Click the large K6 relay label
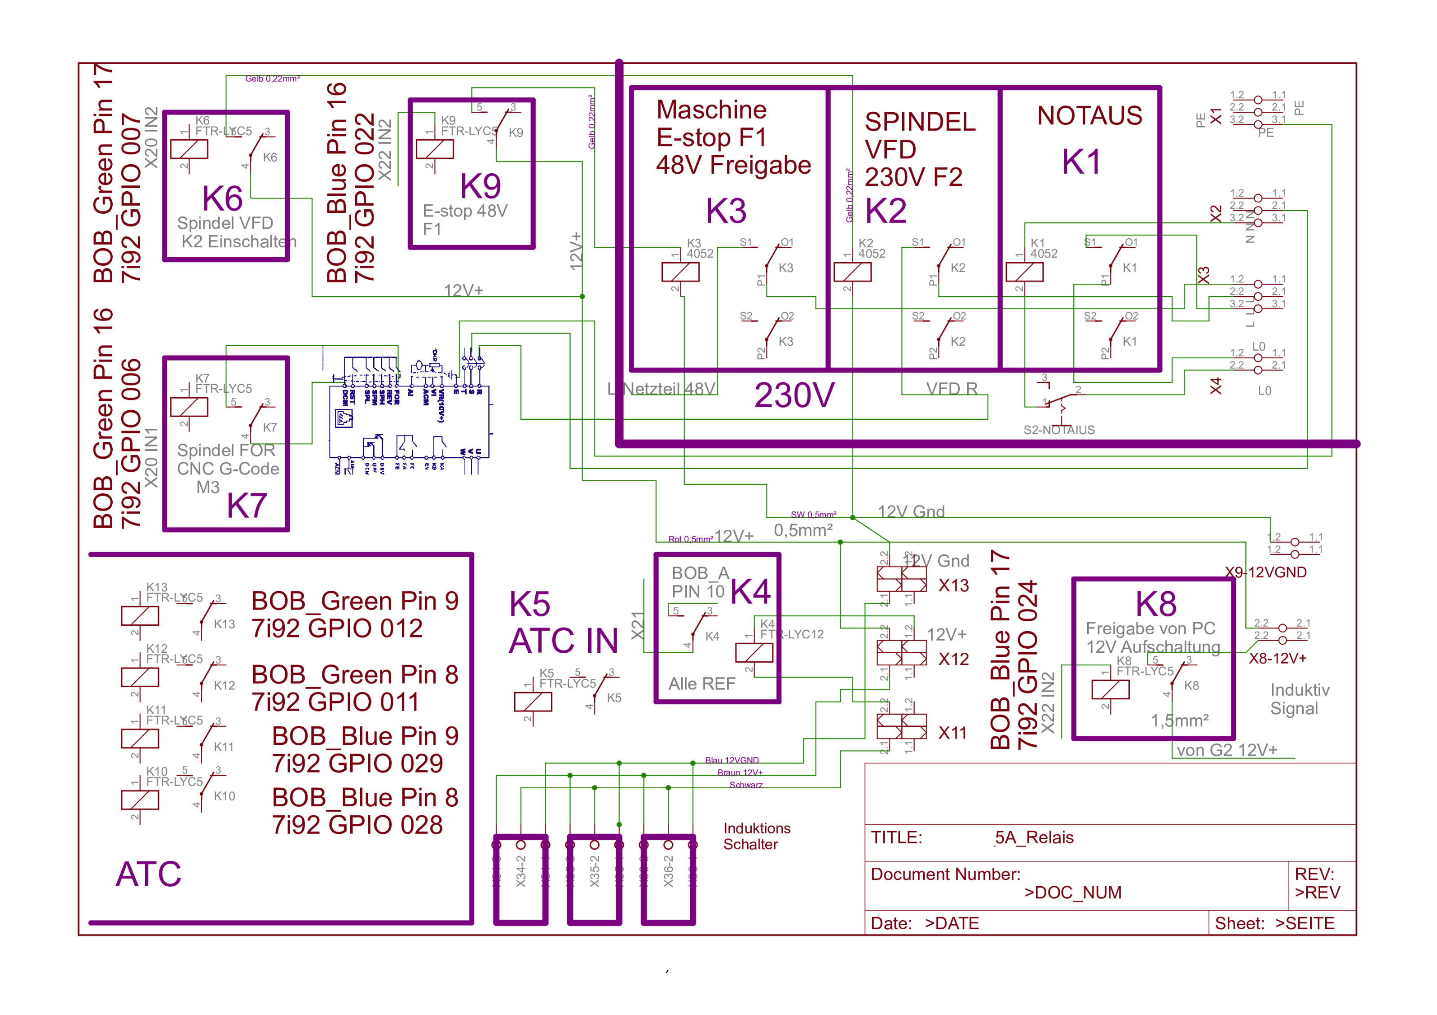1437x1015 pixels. (222, 199)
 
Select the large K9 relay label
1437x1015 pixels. (480, 186)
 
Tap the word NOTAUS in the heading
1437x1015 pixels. (1089, 116)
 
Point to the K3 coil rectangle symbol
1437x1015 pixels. (680, 272)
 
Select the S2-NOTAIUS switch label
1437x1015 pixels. (1059, 430)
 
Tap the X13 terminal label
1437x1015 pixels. (953, 586)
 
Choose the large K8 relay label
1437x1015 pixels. (1156, 605)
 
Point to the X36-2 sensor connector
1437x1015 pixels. (668, 879)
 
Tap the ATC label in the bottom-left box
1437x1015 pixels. (148, 874)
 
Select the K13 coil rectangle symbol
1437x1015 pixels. (140, 616)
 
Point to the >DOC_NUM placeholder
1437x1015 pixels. (1073, 892)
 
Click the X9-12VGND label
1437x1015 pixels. (1265, 572)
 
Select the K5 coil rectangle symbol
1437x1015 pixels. (533, 702)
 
